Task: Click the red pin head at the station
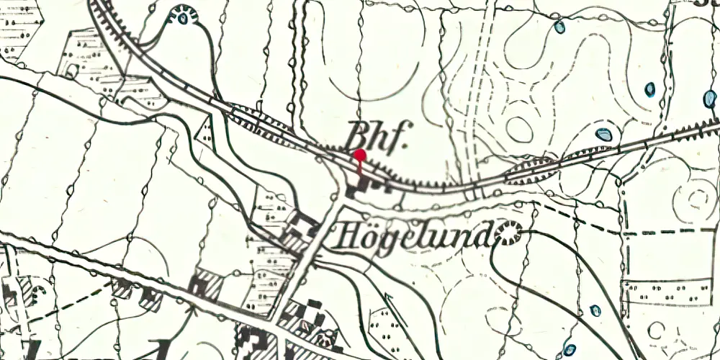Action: coord(360,155)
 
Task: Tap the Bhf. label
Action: coord(377,134)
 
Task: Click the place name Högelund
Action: coord(414,235)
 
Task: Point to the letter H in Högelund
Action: coord(345,235)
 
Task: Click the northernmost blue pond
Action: coord(559,27)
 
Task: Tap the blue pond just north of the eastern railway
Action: coord(603,134)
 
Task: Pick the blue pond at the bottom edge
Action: coord(570,350)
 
